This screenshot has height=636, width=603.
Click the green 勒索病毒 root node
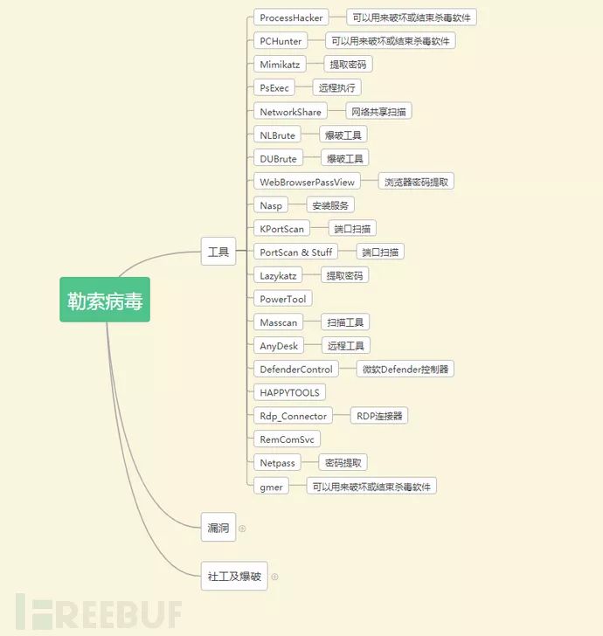pyautogui.click(x=105, y=300)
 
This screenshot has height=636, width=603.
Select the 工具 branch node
pyautogui.click(x=218, y=252)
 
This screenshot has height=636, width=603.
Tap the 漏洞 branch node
pyautogui.click(x=218, y=528)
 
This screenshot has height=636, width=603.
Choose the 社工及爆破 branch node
pyautogui.click(x=234, y=577)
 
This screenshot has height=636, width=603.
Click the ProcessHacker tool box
pyautogui.click(x=292, y=17)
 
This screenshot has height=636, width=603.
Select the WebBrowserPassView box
pyautogui.click(x=308, y=182)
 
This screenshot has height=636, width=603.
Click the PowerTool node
pyautogui.click(x=283, y=299)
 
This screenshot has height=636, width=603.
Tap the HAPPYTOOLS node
pyautogui.click(x=289, y=392)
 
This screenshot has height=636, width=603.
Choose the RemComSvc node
pyautogui.click(x=287, y=439)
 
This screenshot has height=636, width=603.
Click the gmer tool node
pyautogui.click(x=272, y=487)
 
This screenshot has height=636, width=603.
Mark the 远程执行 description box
pyautogui.click(x=336, y=87)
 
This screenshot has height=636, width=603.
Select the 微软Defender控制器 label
pyautogui.click(x=405, y=370)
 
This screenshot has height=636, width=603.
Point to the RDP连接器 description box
pyautogui.click(x=379, y=416)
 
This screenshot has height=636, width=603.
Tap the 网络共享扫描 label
pyautogui.click(x=379, y=111)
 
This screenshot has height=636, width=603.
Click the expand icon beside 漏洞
pyautogui.click(x=242, y=529)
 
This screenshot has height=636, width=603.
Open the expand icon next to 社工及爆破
pyautogui.click(x=274, y=577)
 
